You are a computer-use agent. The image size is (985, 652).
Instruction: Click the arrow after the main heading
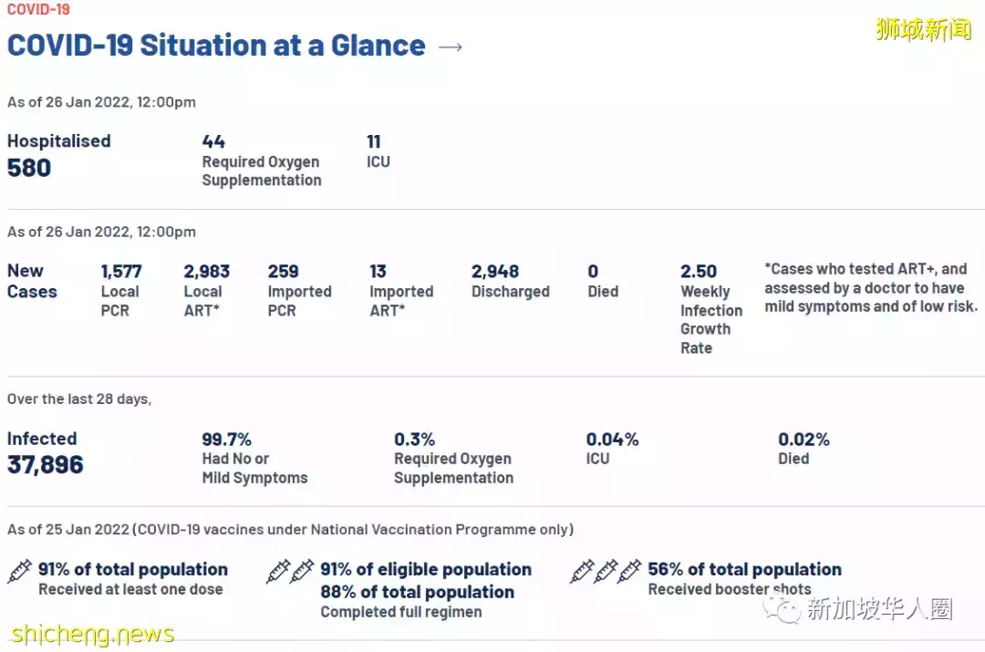tap(451, 47)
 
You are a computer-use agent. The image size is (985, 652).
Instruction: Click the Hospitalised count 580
tap(29, 168)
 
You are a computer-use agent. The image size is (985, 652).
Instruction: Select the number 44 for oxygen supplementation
tap(213, 141)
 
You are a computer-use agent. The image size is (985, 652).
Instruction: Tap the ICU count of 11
tap(374, 141)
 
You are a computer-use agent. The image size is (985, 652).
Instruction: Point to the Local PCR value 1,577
tap(121, 271)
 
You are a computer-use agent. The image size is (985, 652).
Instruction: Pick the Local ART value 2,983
tap(207, 271)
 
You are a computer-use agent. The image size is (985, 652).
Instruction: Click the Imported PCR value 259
tap(283, 271)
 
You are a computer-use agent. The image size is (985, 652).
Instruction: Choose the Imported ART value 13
tap(378, 271)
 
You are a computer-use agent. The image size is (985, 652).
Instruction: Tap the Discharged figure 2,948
tap(495, 271)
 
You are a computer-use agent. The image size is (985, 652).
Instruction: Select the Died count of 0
tap(593, 271)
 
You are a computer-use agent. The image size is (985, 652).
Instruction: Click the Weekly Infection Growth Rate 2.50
tap(699, 271)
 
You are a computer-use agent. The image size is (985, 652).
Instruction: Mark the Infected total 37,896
tap(46, 465)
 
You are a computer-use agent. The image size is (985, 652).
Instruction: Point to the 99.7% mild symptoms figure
tap(226, 440)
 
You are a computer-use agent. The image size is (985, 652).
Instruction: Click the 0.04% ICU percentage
tap(612, 440)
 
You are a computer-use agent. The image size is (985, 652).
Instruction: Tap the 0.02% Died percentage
tap(804, 440)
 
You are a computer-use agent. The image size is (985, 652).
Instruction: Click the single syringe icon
tap(19, 571)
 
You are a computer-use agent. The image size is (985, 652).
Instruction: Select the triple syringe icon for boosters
tap(606, 571)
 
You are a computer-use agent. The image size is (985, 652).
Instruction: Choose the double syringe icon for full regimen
tap(290, 571)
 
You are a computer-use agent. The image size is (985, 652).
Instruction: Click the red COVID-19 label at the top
tap(38, 10)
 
